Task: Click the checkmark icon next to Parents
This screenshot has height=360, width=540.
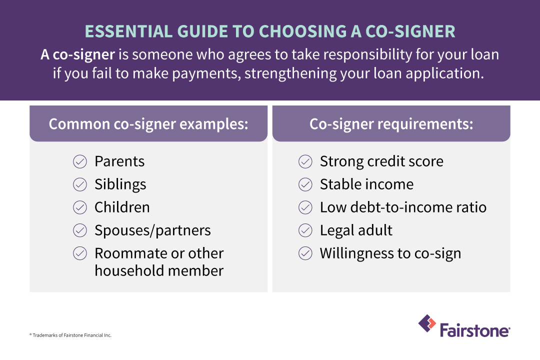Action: (x=80, y=161)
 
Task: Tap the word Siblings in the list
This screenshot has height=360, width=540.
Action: (x=120, y=184)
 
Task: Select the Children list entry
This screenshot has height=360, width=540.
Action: (x=122, y=207)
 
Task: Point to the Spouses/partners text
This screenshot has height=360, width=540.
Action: (x=152, y=230)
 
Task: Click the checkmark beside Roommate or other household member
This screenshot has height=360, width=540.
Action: (x=80, y=253)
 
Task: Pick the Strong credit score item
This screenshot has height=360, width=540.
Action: (x=381, y=161)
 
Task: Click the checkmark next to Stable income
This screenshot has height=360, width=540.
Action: (x=305, y=184)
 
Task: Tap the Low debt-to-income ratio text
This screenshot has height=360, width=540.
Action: (x=403, y=207)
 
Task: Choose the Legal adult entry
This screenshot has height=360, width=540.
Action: (x=356, y=230)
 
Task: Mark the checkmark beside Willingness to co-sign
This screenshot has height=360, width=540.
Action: (x=305, y=253)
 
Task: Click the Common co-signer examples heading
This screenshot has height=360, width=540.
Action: (x=148, y=124)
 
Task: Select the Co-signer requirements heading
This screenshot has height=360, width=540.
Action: (x=391, y=124)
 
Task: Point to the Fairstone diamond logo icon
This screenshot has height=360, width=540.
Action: (x=427, y=323)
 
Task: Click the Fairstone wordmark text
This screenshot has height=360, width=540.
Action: (x=475, y=330)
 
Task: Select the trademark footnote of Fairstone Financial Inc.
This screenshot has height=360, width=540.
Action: (x=70, y=335)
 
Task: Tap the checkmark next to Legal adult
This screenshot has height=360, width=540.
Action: (x=305, y=230)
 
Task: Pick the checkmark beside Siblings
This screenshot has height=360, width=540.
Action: (x=80, y=184)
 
